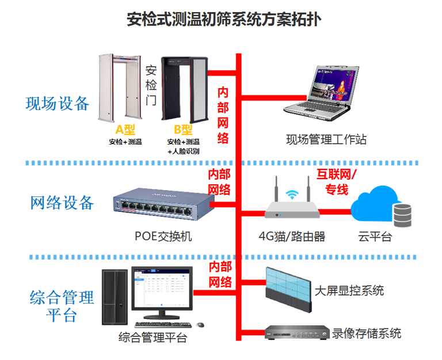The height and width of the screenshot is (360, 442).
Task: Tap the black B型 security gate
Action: coord(184,89)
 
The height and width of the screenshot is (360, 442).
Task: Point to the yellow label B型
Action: coord(183,130)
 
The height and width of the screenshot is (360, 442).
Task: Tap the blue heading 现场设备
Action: coord(58,104)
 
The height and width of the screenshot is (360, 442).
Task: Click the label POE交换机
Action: coord(163,236)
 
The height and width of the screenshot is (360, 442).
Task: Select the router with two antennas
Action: coord(292,204)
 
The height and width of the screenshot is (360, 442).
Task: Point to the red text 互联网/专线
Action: coord(337,182)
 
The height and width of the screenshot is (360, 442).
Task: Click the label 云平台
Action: coord(375,236)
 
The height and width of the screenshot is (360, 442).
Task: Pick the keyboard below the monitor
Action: coord(165,325)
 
